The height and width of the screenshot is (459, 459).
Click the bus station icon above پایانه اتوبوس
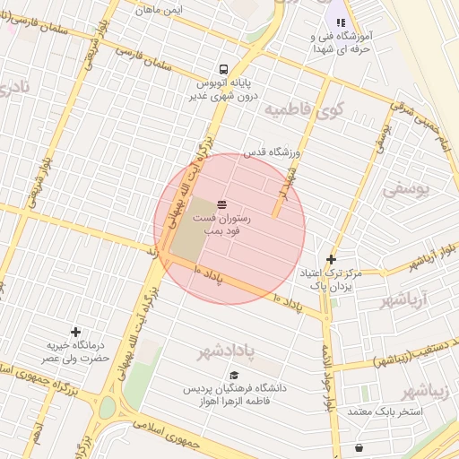tap(222, 69)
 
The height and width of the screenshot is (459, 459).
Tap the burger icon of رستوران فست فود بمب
tap(221, 205)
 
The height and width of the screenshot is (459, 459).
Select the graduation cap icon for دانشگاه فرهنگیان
tap(234, 376)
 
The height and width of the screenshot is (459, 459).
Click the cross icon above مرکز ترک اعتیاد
tap(331, 259)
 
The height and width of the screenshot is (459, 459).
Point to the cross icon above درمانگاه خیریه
tap(75, 332)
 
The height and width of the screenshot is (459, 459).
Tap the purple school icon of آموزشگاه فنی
tap(340, 22)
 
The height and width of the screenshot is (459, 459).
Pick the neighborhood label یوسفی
tap(406, 189)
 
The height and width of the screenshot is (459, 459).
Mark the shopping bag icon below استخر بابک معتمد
tap(359, 447)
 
